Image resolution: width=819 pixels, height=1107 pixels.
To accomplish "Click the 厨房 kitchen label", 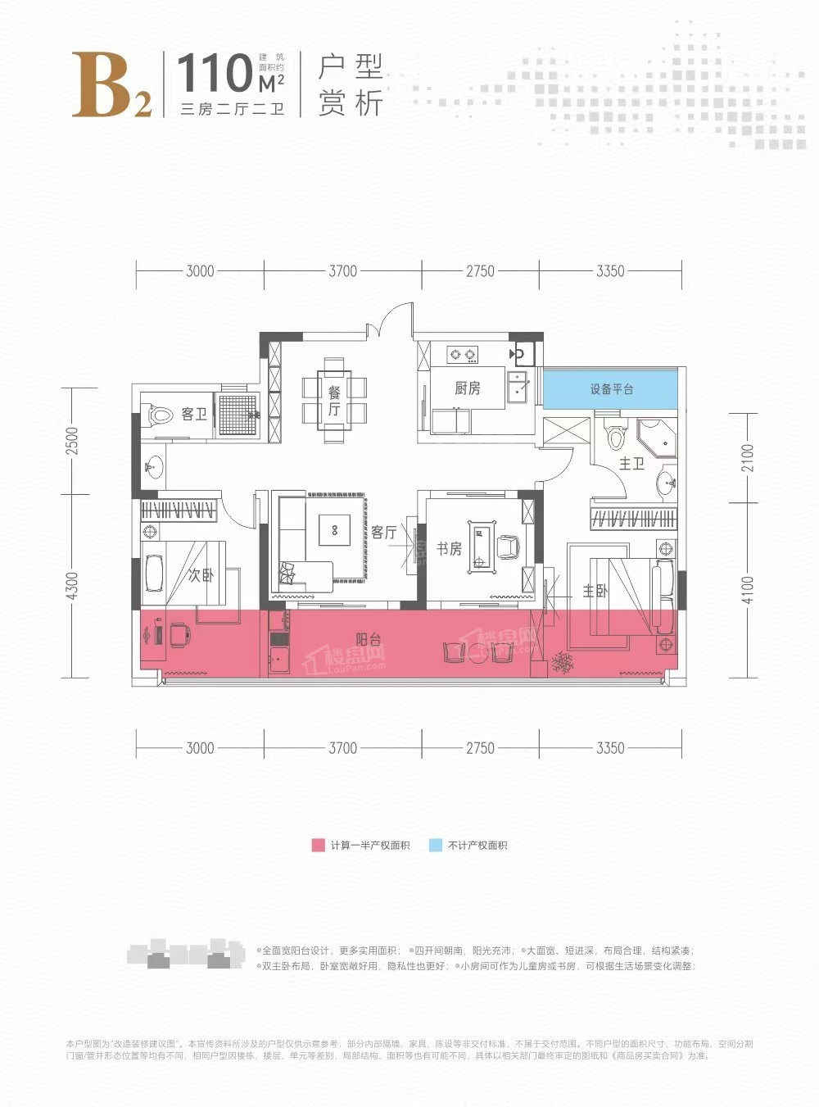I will pos(467,388).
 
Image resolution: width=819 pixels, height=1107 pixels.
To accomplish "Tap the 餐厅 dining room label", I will pos(334,401).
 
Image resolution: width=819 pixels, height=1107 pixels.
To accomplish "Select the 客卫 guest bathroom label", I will pos(194,414).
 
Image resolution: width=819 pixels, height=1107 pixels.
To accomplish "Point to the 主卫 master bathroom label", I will pos(631,464).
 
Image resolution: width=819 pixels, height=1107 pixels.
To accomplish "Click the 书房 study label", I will pos(449,548).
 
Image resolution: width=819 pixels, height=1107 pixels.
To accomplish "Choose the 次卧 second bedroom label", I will pos(201,575).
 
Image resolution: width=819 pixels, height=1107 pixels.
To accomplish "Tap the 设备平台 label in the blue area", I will pos(612,389).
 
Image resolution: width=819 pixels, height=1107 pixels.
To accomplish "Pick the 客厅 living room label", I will pos(383,533).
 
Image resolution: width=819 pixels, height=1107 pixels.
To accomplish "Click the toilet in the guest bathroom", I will pos(161,415).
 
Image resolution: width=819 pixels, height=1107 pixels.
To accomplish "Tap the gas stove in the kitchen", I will pos(462,355).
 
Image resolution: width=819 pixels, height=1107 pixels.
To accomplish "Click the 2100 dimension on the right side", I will pos(747,457).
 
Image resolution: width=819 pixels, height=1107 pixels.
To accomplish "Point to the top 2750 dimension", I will pos(480,271).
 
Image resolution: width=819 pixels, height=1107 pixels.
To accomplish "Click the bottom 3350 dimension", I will pos(610,747).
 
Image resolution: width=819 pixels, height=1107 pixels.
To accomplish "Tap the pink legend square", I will pos(318,845).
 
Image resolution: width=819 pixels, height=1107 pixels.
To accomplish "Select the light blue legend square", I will pos(436,845).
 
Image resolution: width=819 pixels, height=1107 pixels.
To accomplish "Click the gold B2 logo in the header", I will pos(111,85).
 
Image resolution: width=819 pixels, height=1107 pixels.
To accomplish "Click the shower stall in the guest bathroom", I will pos(238,414).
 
